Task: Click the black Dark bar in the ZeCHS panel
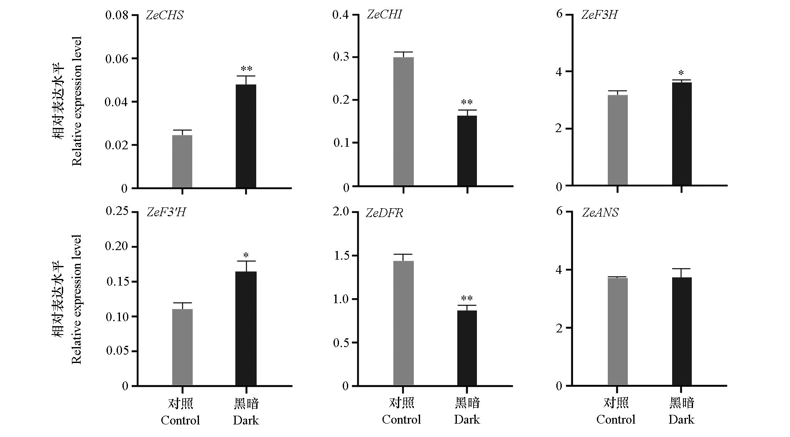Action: pos(246,136)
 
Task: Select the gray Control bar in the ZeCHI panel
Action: pos(403,121)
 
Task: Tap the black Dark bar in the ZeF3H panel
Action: pos(682,134)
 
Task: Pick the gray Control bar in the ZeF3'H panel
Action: pos(182,347)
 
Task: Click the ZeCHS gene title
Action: pos(165,15)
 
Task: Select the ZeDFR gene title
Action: pos(385,213)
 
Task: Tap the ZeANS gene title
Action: pos(600,213)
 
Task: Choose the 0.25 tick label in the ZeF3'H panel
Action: pos(117,212)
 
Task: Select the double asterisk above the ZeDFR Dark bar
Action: pos(467,299)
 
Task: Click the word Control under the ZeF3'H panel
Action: pos(181,420)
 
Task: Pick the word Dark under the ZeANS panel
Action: pos(681,420)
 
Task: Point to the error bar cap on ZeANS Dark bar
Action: pos(682,269)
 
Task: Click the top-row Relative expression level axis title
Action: pos(77,102)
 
